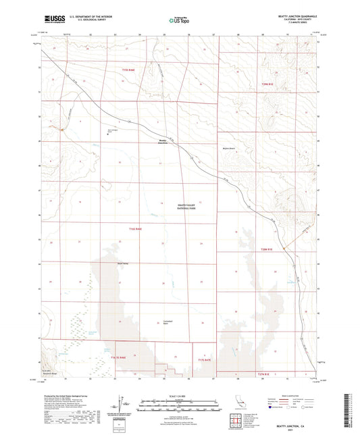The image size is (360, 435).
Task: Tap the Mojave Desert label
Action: [244, 145]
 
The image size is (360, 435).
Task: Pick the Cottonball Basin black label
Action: [170, 322]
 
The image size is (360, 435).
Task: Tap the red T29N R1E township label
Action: [269, 83]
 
